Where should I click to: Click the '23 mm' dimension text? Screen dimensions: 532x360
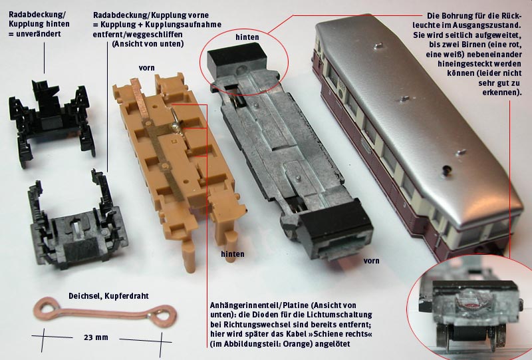[96, 337]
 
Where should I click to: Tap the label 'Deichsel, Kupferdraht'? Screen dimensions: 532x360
[108, 296]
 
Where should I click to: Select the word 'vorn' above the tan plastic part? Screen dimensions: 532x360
[146, 68]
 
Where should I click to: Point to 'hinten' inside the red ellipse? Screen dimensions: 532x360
[247, 37]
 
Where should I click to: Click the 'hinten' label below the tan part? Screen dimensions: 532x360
[232, 254]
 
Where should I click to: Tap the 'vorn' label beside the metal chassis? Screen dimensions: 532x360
[371, 261]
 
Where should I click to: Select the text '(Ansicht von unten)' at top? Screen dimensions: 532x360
[148, 44]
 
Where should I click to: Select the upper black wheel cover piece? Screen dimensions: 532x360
[52, 120]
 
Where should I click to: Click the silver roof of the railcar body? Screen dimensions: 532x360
[418, 112]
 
